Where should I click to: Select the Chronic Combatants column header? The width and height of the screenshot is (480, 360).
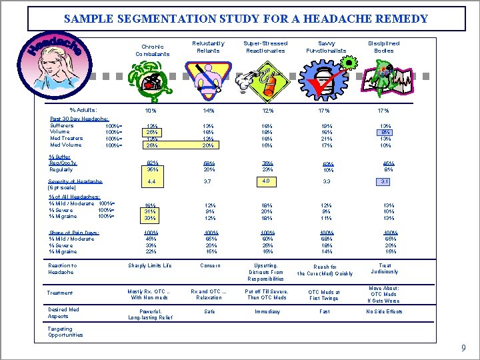coord(152,50)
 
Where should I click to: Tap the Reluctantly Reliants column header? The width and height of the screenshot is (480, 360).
coord(208,47)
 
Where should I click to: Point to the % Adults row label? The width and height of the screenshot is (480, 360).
coord(83,110)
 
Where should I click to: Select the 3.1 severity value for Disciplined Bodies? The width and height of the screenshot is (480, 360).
coord(385,181)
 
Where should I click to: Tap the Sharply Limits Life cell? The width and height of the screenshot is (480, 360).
coord(150,265)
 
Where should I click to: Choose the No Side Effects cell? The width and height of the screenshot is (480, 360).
coord(384,312)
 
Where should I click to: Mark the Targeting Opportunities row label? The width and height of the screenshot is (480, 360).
coord(65,331)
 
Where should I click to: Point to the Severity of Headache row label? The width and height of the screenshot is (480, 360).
coord(75,185)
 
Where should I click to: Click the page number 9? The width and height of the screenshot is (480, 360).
coord(463,348)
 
